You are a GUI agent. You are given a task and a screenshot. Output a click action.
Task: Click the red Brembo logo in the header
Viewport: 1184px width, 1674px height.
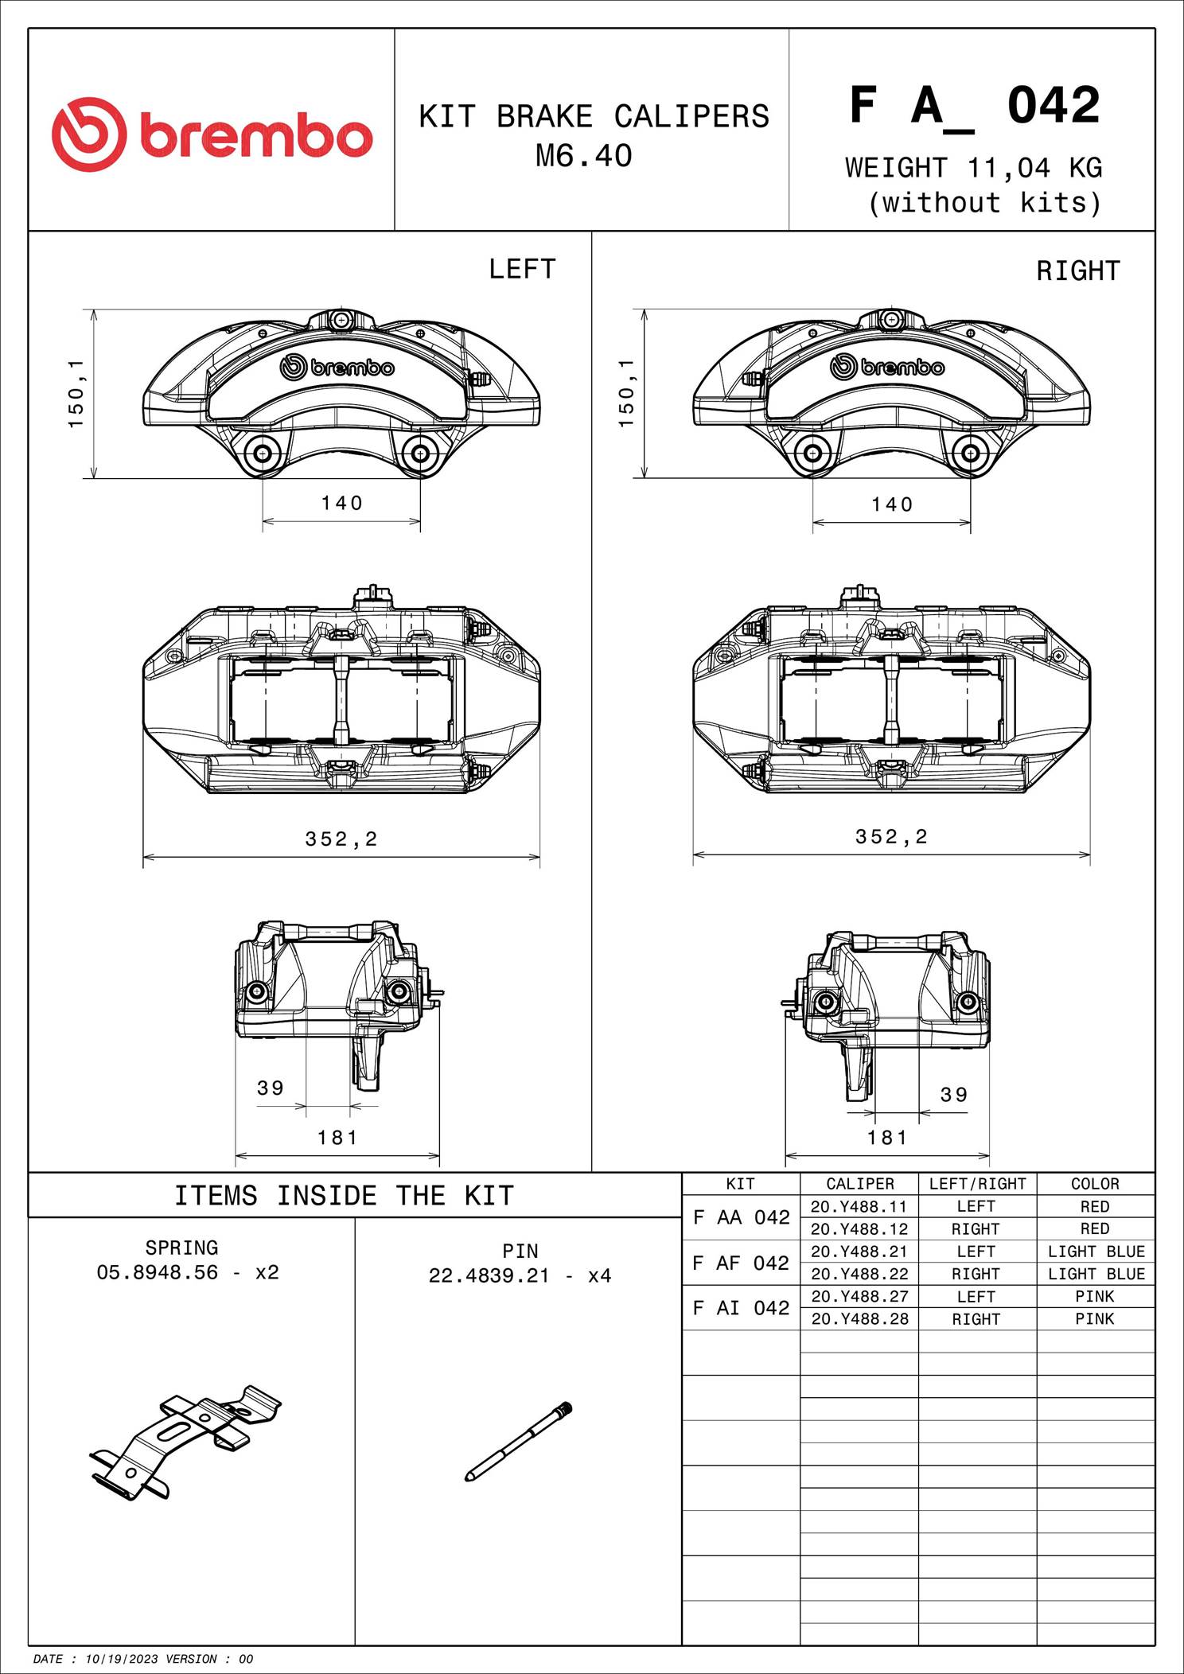[x=212, y=134]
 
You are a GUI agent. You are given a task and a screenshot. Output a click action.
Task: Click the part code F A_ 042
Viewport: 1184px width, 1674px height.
[x=974, y=106]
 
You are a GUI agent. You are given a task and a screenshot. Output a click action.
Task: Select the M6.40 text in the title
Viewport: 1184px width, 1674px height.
[x=583, y=156]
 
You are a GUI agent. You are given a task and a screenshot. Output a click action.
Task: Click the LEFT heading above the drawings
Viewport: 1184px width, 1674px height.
[x=522, y=270]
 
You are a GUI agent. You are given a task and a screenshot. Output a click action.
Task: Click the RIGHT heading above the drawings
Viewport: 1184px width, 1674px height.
[x=1077, y=271]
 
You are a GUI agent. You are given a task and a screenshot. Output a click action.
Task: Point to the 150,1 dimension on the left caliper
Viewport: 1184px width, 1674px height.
[x=76, y=393]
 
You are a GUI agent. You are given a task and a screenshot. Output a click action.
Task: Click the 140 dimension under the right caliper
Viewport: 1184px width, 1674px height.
[x=892, y=504]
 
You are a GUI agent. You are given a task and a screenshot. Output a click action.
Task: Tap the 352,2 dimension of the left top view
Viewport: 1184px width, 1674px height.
[x=341, y=839]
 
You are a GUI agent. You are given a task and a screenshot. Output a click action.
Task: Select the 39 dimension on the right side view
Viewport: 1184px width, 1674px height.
[x=954, y=1095]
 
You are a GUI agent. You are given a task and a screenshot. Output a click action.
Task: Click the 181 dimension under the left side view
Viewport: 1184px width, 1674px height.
[x=337, y=1138]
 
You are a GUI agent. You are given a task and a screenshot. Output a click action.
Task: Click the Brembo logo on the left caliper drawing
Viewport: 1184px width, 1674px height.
[x=337, y=367]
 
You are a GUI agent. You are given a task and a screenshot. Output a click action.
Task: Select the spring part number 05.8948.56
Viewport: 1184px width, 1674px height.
[x=158, y=1272]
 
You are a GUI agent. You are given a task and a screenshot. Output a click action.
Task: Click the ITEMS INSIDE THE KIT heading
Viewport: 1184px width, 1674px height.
[x=344, y=1196]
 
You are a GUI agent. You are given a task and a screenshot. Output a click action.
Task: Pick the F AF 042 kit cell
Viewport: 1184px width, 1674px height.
[x=741, y=1263]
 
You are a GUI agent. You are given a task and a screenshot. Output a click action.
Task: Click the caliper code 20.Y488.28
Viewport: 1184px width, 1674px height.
[x=859, y=1318]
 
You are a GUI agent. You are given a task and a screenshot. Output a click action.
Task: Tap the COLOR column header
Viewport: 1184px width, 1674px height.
[x=1095, y=1184]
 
